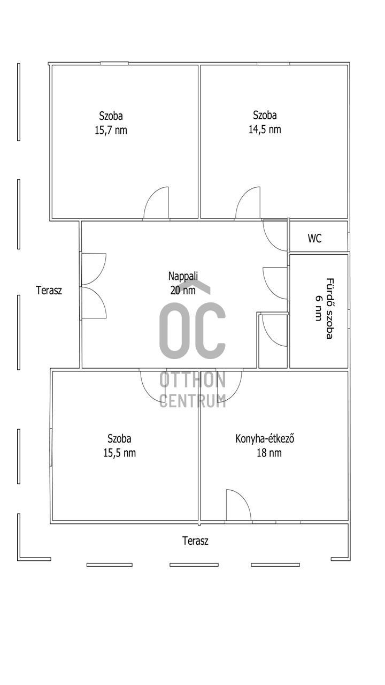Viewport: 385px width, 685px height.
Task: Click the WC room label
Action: coord(315,238)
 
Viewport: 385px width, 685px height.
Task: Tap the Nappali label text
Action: coord(183,276)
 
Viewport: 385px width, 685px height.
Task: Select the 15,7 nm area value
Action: coord(111,130)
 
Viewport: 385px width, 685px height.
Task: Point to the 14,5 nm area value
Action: coord(265,130)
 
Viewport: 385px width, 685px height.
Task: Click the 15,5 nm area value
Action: coord(119,453)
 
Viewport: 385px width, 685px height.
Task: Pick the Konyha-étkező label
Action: coord(265,439)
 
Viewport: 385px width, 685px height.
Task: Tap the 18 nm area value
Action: coord(269,453)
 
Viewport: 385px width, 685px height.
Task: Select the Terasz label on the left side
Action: coord(49,290)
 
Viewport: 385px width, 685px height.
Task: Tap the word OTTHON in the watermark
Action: coord(192,379)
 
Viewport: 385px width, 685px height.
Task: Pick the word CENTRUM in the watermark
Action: coord(193,401)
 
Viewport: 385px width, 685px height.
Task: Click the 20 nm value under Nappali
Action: coord(183,290)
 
